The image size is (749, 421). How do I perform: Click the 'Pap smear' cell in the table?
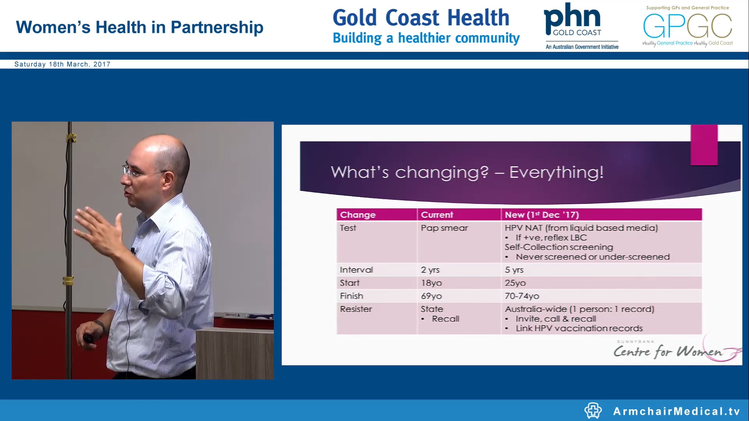pyautogui.click(x=444, y=228)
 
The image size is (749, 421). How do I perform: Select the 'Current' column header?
pyautogui.click(x=437, y=215)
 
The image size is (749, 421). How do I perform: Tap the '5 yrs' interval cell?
pyautogui.click(x=514, y=270)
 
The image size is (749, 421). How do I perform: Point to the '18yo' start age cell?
pyautogui.click(x=431, y=283)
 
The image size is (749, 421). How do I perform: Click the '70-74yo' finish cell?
pyautogui.click(x=522, y=296)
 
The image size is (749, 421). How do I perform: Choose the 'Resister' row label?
pyautogui.click(x=356, y=309)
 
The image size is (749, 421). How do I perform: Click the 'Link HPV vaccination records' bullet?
pyautogui.click(x=579, y=329)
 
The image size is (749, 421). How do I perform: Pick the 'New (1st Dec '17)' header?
pyautogui.click(x=541, y=215)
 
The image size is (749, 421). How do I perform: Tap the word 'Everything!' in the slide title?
pyautogui.click(x=556, y=172)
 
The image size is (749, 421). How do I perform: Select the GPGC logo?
pyautogui.click(x=687, y=27)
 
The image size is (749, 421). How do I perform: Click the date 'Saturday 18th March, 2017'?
pyautogui.click(x=62, y=64)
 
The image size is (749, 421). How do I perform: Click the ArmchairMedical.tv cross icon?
pyautogui.click(x=593, y=410)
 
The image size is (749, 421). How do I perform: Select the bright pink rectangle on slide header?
pyautogui.click(x=704, y=145)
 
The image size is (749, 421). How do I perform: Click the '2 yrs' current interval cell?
pyautogui.click(x=430, y=270)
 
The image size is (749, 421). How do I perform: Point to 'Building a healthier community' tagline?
pyautogui.click(x=426, y=38)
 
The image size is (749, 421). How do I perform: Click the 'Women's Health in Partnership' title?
pyautogui.click(x=140, y=27)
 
